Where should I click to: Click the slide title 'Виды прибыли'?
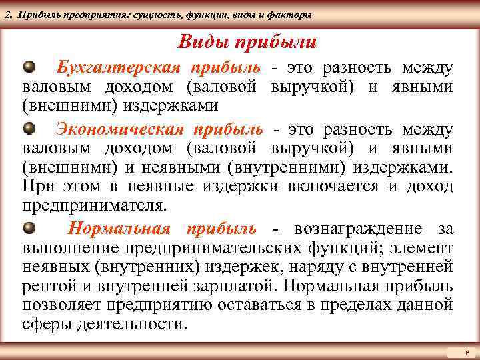[x=247, y=43]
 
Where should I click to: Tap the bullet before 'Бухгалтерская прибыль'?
[x=29, y=67]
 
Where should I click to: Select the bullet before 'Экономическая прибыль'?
[x=29, y=127]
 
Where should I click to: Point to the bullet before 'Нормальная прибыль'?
[x=29, y=229]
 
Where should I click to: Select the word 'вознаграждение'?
[x=356, y=229]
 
